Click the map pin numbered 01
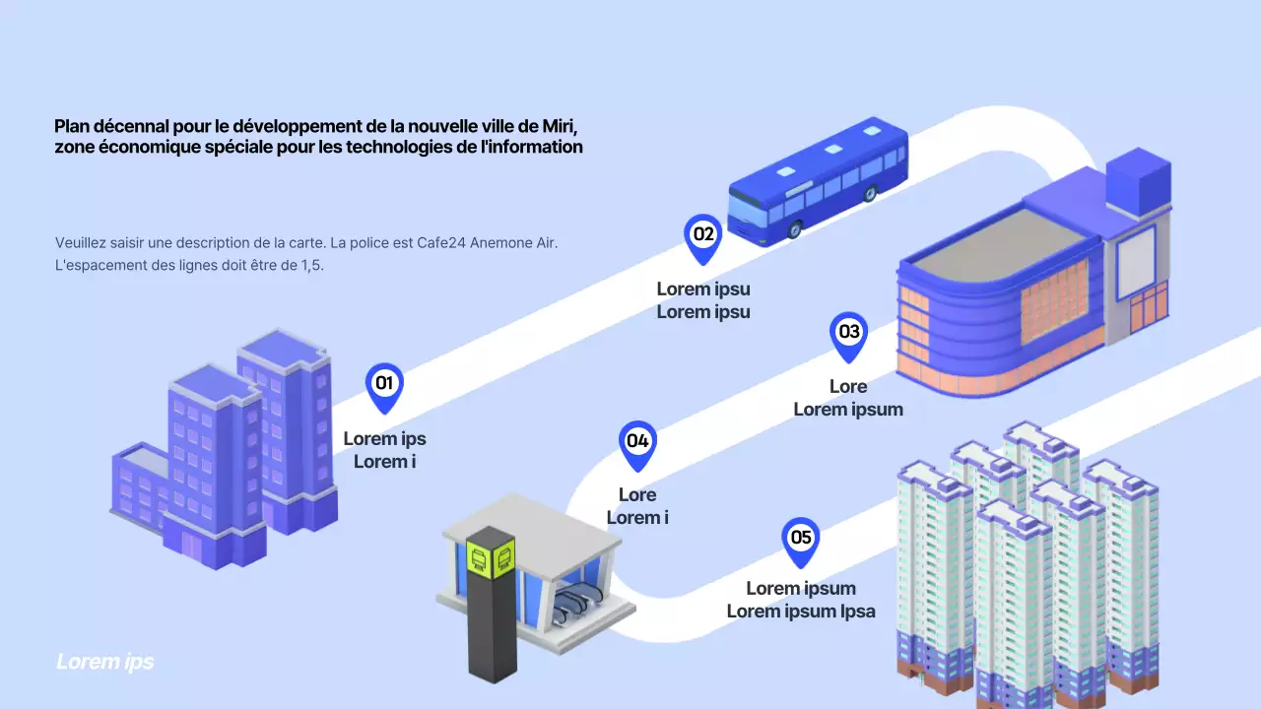tap(384, 385)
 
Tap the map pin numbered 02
tap(702, 237)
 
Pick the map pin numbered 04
tap(637, 443)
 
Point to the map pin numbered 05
tap(801, 540)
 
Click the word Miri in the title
tap(559, 126)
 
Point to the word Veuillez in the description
tap(84, 242)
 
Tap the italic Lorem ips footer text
tap(105, 662)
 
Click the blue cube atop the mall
tap(1138, 183)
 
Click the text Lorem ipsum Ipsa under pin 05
tap(800, 612)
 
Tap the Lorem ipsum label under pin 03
tap(847, 409)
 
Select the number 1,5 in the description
tap(310, 266)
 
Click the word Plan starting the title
tap(72, 126)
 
